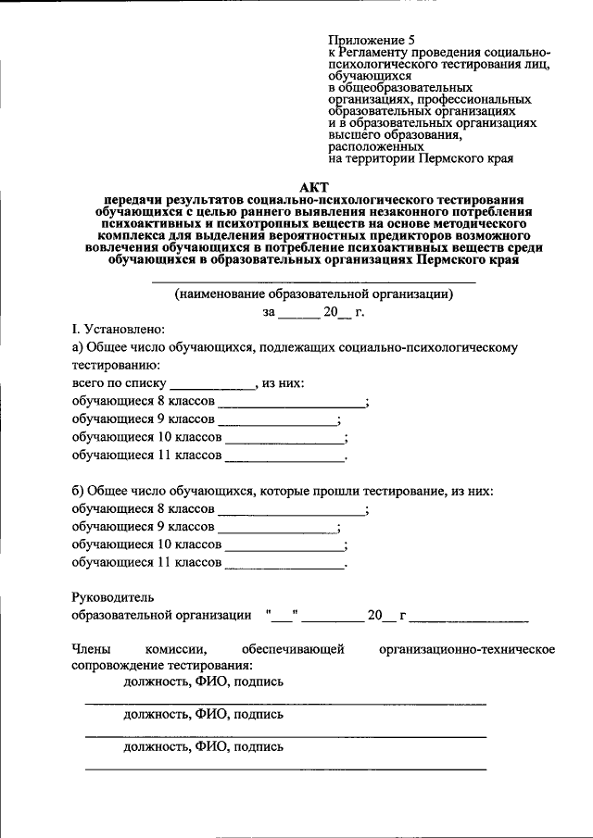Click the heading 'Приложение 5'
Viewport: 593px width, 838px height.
(371, 40)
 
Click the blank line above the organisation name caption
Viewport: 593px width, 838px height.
(313, 281)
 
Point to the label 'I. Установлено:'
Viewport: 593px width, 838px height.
(119, 329)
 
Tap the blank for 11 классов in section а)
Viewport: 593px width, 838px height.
(284, 456)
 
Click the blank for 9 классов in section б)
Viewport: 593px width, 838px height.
(277, 527)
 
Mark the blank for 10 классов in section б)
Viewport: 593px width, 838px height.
(284, 544)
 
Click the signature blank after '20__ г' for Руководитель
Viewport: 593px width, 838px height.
(470, 615)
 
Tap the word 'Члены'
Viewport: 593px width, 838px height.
(90, 649)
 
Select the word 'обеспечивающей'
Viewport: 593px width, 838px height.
(293, 649)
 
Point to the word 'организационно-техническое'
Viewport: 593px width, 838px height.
(467, 649)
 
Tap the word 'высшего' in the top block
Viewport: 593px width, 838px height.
(354, 134)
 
